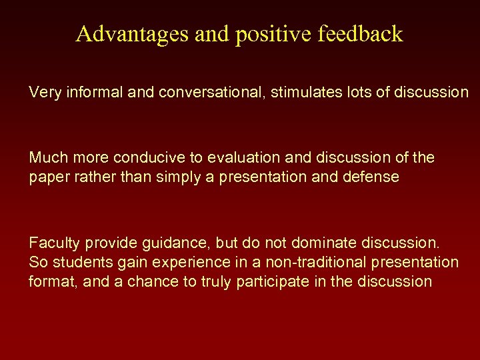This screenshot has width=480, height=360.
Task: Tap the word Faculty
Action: point(51,244)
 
